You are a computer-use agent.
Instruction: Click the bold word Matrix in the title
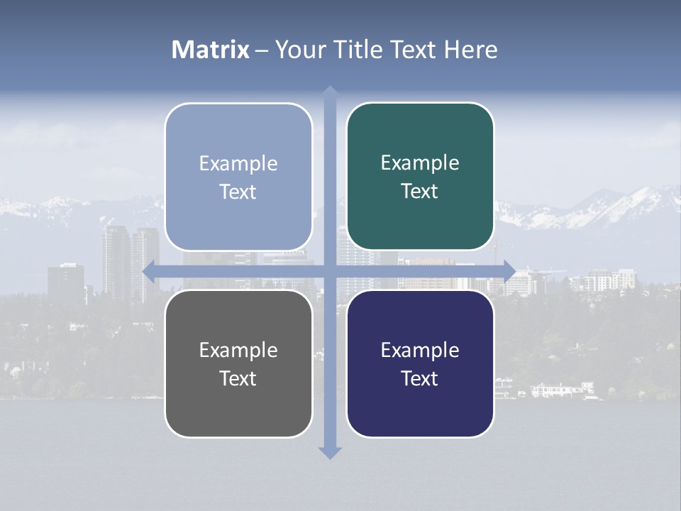click(211, 50)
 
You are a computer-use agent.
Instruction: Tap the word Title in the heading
click(358, 50)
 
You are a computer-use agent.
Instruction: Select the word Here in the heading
click(470, 50)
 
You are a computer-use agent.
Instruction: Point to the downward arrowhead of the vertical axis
click(330, 452)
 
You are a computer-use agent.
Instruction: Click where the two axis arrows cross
click(330, 271)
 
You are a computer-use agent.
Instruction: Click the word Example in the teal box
click(420, 163)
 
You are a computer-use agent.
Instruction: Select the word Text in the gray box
click(238, 378)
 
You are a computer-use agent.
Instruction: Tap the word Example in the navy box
click(420, 350)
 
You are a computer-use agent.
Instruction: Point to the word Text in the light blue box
click(238, 192)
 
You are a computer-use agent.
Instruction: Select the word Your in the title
click(298, 50)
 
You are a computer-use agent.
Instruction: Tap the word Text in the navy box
click(420, 378)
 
